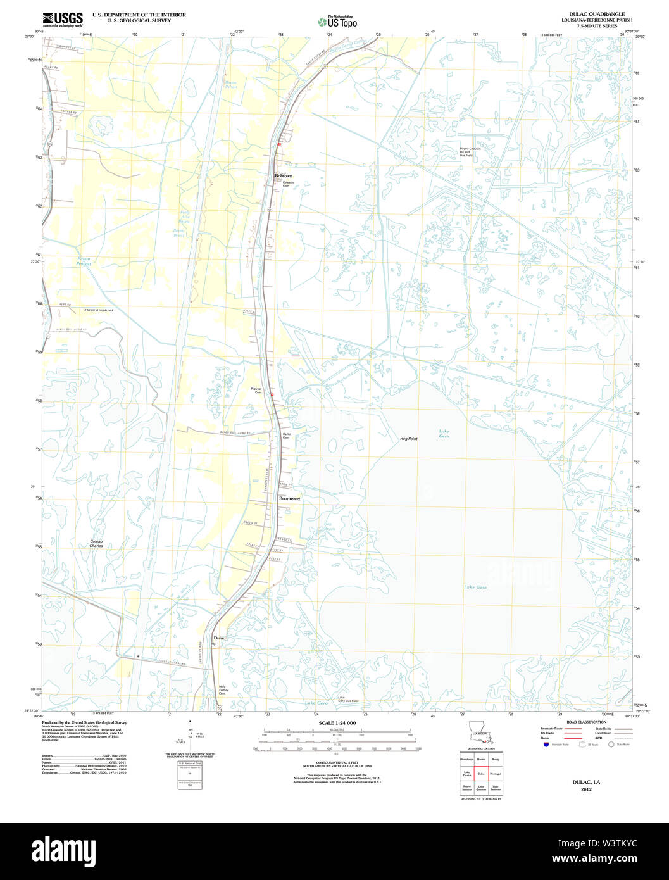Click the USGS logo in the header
[x=62, y=18]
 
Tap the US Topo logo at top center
[x=337, y=22]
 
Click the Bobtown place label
[x=284, y=175]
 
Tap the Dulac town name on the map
[x=219, y=638]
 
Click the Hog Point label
[x=408, y=439]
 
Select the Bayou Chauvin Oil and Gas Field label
[x=470, y=152]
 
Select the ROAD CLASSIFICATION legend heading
[x=586, y=722]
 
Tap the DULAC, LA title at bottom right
[x=586, y=782]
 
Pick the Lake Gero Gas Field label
[x=348, y=699]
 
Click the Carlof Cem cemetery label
[x=286, y=436]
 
